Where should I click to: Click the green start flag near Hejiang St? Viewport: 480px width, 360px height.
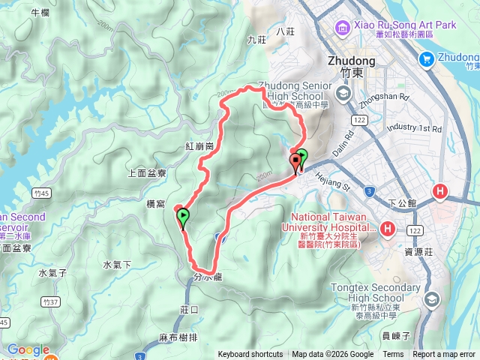301,157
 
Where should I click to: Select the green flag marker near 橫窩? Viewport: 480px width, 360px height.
183,217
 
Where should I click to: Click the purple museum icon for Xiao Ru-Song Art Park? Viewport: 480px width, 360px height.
343,28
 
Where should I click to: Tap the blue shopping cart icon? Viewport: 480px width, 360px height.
427,58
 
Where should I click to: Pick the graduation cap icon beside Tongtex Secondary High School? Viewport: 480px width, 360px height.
432,298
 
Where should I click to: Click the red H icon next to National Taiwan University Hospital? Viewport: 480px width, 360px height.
388,228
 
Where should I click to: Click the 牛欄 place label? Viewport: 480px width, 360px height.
40,13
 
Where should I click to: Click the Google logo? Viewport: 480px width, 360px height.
28,349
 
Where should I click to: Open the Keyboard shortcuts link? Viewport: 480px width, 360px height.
250,355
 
